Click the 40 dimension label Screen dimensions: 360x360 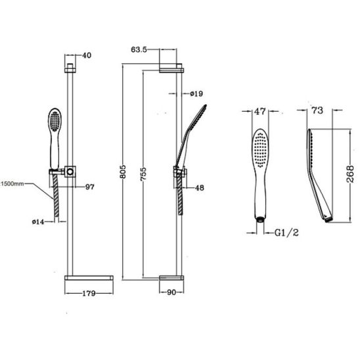(87, 55)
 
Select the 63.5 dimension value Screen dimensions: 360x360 (139, 49)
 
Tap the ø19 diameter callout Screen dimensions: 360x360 (196, 94)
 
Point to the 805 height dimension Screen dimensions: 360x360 (123, 171)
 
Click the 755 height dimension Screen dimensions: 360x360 (143, 174)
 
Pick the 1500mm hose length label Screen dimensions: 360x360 (12, 184)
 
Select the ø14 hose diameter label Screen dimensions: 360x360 (38, 222)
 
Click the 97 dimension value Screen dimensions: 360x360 (90, 187)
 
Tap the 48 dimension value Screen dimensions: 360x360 (199, 188)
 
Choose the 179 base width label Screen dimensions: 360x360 (89, 294)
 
